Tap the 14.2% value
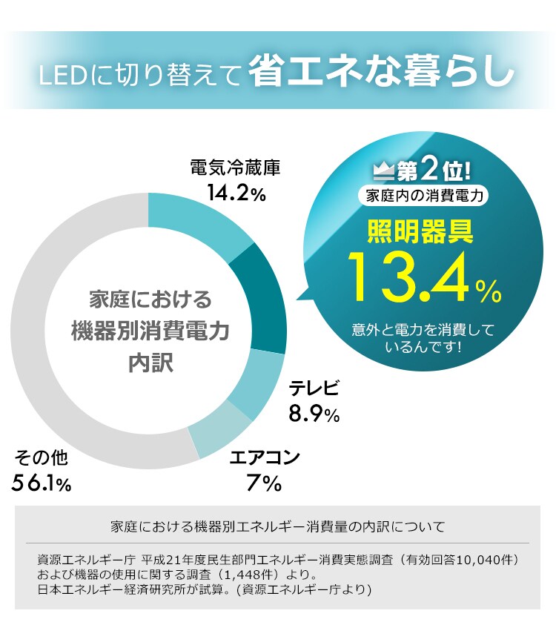click(x=236, y=194)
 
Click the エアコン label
click(x=265, y=457)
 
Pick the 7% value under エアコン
click(x=264, y=483)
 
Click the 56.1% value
click(x=42, y=483)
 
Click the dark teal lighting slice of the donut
click(x=262, y=297)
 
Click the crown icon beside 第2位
click(x=383, y=172)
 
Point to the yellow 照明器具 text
click(x=420, y=232)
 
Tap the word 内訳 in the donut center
click(x=149, y=363)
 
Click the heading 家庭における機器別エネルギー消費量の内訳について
click(x=277, y=527)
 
